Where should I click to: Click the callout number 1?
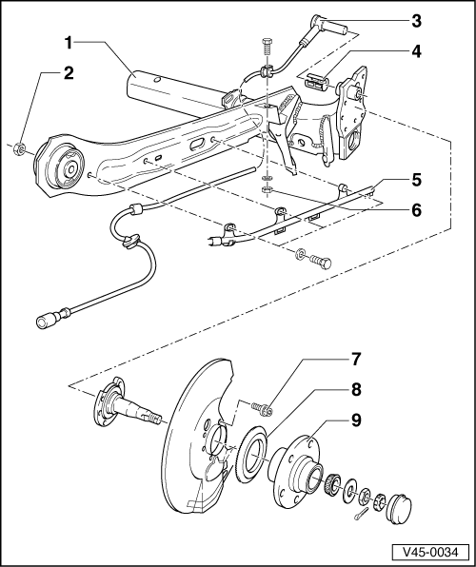(69, 43)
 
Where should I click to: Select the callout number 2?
(68, 73)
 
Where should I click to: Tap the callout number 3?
(417, 21)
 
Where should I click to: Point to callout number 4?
(417, 51)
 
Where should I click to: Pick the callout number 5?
(417, 180)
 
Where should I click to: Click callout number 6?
(417, 210)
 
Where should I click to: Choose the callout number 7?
(356, 359)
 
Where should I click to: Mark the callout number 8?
(356, 389)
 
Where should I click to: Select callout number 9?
(356, 420)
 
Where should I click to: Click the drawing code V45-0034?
(430, 552)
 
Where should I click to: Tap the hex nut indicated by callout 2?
(19, 149)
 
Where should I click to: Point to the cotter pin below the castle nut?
(361, 514)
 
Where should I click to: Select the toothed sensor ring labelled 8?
(251, 455)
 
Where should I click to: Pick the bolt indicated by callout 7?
(263, 408)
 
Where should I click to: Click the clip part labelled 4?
(317, 81)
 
